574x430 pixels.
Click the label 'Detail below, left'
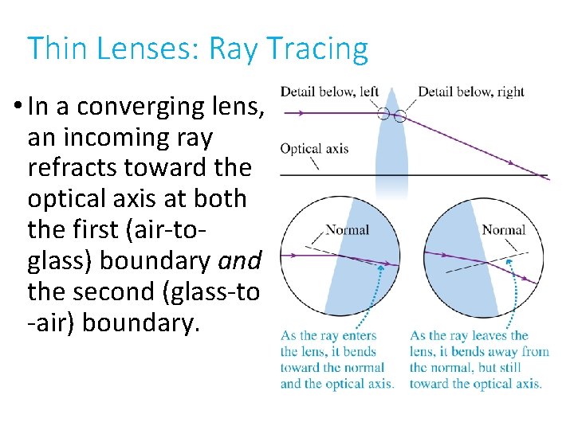pos(329,92)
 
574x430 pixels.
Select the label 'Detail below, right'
pos(470,92)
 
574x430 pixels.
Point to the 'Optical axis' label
pos(314,149)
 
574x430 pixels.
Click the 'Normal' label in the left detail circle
pos(348,231)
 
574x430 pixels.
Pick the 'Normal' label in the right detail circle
pos(503,231)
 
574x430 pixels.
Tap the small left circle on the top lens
pos(383,114)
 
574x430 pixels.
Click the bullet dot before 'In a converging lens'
pos(17,107)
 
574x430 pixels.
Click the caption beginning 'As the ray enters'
pos(337,359)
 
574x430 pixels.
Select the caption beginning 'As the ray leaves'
pos(478,359)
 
